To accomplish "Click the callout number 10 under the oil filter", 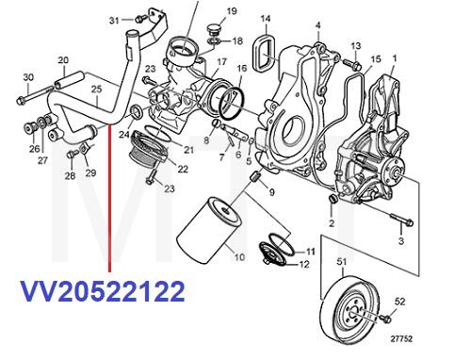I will tap(237, 255).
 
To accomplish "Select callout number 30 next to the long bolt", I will tap(27, 76).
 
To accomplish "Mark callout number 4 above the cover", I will tap(317, 24).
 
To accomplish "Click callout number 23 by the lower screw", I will tap(170, 189).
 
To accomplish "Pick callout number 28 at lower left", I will tap(69, 176).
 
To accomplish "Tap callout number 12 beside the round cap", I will tap(304, 265).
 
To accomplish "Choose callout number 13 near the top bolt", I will tap(355, 45).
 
